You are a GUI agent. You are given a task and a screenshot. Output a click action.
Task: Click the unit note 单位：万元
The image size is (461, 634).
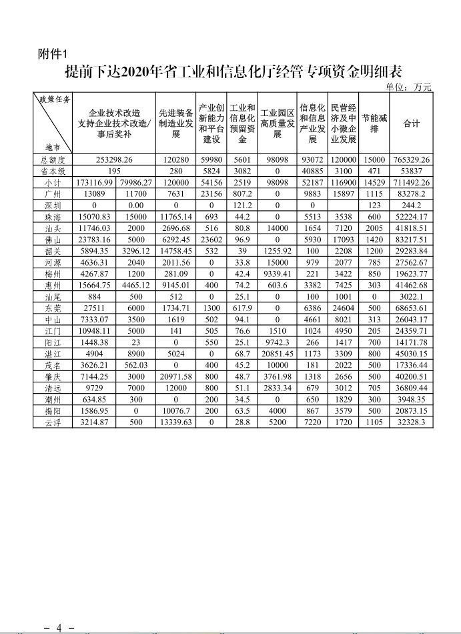(409, 86)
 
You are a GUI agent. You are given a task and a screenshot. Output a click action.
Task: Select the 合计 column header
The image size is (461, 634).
(412, 123)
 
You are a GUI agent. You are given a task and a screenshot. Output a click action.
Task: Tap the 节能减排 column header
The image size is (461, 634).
(374, 123)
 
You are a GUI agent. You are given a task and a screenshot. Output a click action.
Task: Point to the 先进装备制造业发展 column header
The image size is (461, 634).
(176, 123)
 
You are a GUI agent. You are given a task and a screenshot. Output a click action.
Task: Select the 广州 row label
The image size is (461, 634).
(53, 194)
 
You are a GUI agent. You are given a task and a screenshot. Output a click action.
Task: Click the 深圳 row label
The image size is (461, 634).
(53, 205)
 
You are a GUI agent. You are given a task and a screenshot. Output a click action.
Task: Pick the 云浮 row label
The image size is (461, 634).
(53, 422)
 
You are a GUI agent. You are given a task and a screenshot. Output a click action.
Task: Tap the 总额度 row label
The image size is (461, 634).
(53, 160)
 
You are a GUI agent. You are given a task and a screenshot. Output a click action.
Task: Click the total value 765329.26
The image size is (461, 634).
(412, 160)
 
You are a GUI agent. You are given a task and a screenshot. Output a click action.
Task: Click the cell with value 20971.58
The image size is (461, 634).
(176, 376)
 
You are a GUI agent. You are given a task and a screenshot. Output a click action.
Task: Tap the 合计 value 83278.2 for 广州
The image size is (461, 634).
(412, 194)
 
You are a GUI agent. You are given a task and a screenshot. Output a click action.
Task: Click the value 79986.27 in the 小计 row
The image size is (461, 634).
(135, 182)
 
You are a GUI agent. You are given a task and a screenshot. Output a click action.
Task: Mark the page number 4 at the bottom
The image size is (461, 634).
(59, 628)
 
